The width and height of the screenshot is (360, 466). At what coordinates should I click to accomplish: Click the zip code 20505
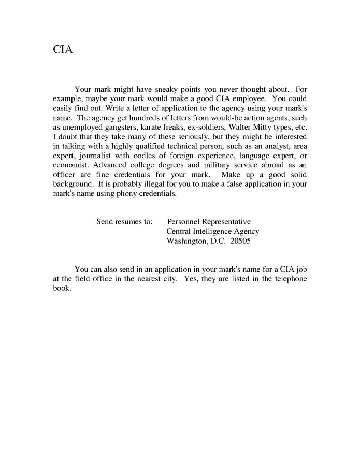point(240,241)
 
